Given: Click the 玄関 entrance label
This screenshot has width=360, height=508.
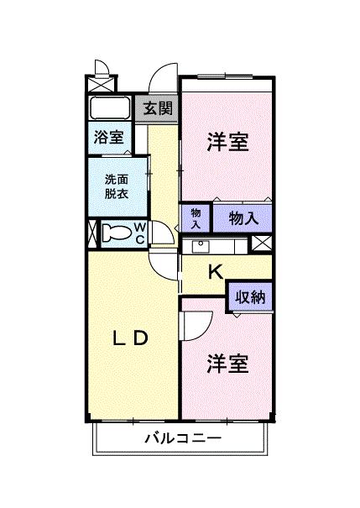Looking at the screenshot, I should point(157,107).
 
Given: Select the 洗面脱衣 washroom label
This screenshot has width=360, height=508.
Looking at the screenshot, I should point(117,185).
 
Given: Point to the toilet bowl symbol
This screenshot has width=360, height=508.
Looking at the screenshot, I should point(117,233).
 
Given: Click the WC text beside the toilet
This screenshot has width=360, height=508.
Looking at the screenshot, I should point(140,233).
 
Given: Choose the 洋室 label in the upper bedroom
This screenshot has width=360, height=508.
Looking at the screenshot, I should point(227,143).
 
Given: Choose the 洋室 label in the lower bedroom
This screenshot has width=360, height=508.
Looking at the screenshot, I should point(227,364).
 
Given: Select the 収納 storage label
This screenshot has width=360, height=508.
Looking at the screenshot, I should point(250,296).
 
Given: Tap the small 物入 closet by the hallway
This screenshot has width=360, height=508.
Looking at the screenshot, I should point(196,218).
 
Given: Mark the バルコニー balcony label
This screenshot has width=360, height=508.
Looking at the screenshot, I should point(182,437).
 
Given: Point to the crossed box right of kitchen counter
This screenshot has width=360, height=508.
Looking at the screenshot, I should point(262,244).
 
